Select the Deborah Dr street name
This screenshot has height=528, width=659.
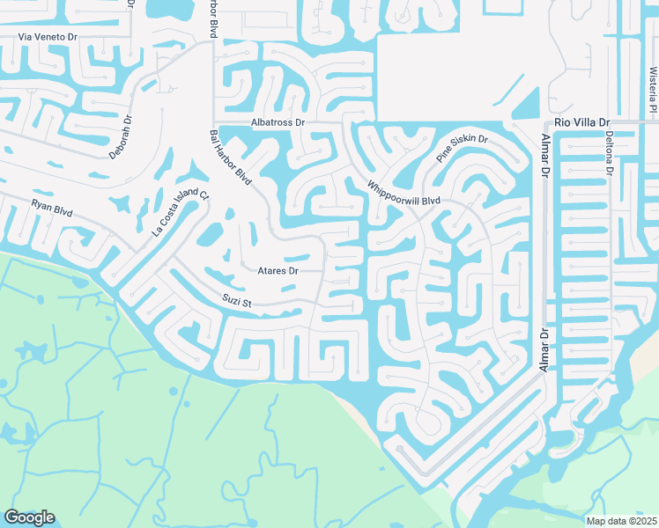121,137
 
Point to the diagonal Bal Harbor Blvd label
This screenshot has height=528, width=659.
231,158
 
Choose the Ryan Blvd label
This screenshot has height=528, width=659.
52,208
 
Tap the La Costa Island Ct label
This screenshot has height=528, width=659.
181,214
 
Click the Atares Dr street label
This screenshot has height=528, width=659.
278,271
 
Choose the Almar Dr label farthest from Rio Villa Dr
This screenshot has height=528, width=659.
544,349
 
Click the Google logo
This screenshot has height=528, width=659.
29,517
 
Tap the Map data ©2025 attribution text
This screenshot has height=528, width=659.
620,521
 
